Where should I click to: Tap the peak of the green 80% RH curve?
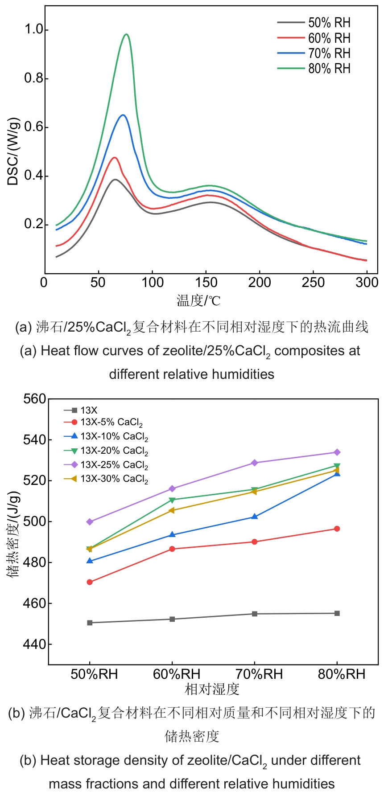click(x=127, y=34)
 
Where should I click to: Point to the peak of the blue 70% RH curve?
click(x=122, y=115)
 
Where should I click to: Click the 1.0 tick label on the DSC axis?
click(x=33, y=29)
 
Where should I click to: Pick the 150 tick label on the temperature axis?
click(x=206, y=283)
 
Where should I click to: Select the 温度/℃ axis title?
click(x=198, y=300)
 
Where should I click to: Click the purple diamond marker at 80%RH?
click(x=337, y=452)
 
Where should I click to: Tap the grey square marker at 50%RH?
click(x=90, y=623)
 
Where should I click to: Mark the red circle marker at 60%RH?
click(x=172, y=549)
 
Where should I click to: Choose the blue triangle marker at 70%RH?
click(x=255, y=517)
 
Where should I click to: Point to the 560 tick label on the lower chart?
click(x=35, y=399)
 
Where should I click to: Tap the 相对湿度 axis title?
click(x=212, y=689)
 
